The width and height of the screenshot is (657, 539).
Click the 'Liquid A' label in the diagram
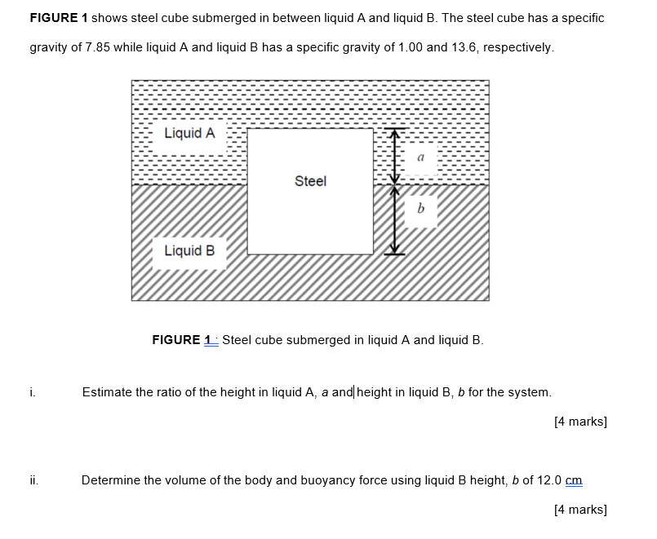pos(189,133)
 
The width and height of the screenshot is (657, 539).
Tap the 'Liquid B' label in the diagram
pos(189,250)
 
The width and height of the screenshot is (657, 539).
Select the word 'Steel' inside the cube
pos(310,181)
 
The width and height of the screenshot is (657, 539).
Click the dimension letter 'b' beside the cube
pos(420,210)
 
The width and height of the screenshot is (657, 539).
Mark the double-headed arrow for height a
pos(395,157)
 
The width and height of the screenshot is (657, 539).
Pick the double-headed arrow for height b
pos(395,219)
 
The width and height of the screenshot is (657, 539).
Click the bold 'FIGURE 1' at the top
pos(59,18)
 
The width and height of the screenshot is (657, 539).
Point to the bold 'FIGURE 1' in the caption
pos(183,340)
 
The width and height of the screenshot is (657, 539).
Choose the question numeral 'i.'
pos(32,392)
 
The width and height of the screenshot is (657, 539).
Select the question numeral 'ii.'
pos(33,480)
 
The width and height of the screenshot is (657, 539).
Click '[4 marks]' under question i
pos(579,422)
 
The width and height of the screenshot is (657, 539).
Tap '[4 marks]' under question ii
pos(579,510)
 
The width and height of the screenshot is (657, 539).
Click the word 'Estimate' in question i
pos(107,392)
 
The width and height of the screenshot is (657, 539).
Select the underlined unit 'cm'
pos(574,480)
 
